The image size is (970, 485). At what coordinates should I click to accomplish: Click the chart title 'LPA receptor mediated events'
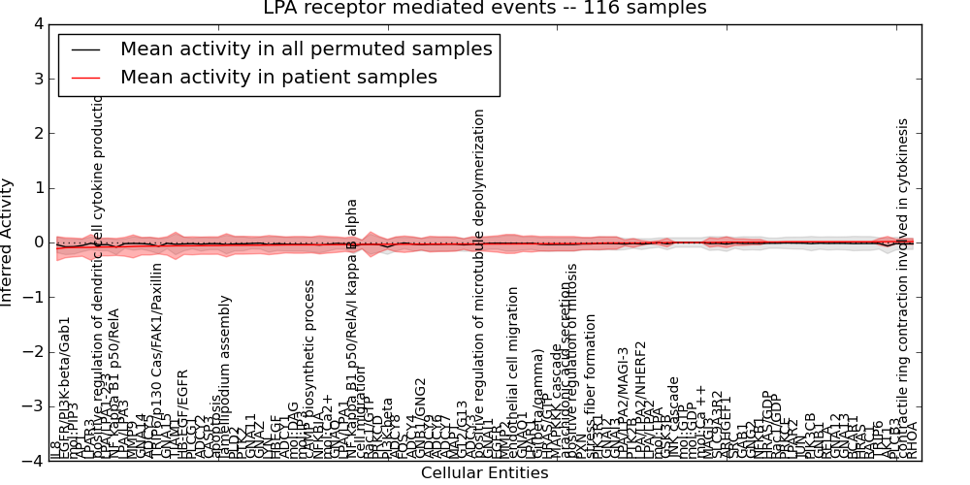click(485, 9)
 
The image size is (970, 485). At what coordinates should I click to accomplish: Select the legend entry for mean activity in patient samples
click(278, 77)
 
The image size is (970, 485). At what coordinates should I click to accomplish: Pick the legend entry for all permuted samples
click(306, 48)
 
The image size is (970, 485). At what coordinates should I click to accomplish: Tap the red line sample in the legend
click(86, 78)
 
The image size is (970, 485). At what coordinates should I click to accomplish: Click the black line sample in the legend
click(86, 49)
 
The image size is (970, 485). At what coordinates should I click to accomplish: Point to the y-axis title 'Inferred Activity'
click(9, 242)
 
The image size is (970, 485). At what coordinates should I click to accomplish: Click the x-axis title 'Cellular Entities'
click(484, 473)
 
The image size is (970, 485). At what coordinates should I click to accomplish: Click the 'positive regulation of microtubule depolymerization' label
click(478, 281)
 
